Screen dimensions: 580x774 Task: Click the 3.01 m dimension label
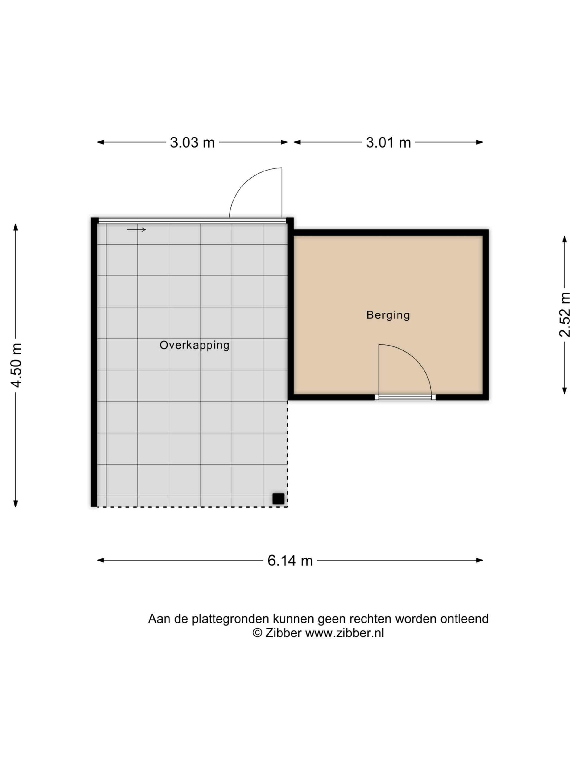click(388, 142)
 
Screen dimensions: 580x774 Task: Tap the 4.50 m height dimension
click(16, 365)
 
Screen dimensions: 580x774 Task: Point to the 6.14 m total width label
click(290, 561)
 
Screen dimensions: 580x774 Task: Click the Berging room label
click(388, 315)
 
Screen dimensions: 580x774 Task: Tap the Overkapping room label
click(194, 345)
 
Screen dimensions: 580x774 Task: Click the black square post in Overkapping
click(278, 499)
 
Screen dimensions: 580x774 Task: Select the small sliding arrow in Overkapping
click(136, 229)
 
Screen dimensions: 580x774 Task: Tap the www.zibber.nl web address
click(344, 633)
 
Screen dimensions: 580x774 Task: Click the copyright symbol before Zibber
click(257, 633)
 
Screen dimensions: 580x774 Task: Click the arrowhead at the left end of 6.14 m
click(100, 560)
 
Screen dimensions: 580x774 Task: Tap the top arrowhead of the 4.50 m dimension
click(15, 227)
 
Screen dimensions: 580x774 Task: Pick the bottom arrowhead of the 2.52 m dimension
click(565, 391)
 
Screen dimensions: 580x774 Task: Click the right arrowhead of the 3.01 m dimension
click(480, 142)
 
